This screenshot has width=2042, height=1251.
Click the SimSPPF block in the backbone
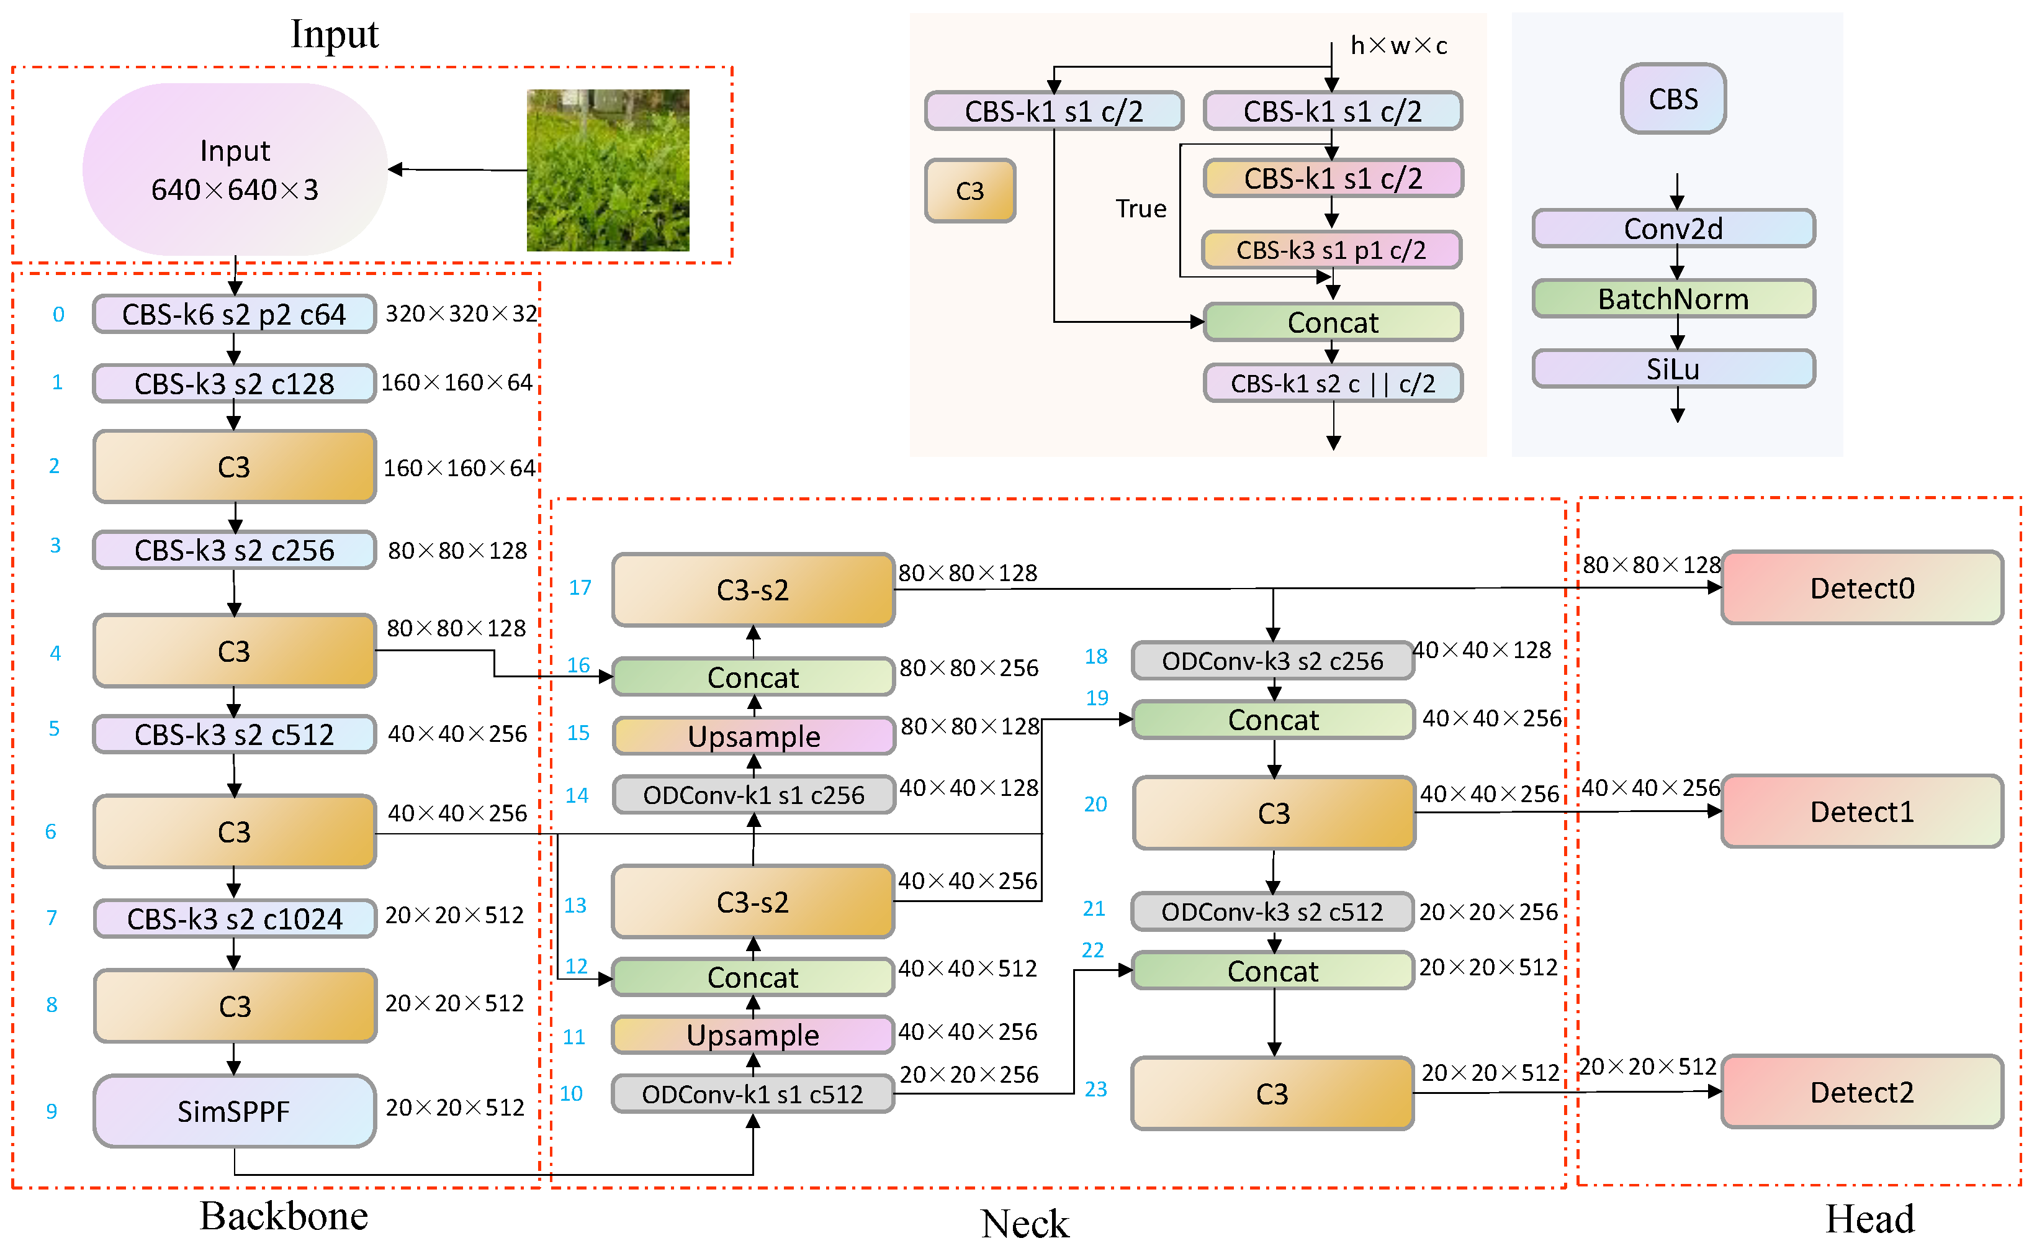[x=235, y=1111]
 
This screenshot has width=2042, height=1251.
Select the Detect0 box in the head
[x=1861, y=588]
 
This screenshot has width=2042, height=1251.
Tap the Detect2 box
[x=1861, y=1092]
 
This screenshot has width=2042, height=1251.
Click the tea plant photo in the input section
[x=608, y=170]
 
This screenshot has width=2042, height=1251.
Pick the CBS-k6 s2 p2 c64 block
[x=235, y=314]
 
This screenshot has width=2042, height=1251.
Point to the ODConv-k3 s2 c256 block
[x=1272, y=661]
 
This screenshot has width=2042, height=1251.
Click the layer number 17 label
[x=580, y=588]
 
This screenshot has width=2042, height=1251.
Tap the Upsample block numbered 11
[x=752, y=1034]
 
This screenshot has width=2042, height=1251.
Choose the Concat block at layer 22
[x=1272, y=971]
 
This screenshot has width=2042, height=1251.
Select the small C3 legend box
[x=969, y=191]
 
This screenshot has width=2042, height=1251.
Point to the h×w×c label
[x=1398, y=45]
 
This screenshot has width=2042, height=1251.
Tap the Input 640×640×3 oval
[x=235, y=170]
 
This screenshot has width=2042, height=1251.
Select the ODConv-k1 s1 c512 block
[x=752, y=1095]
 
